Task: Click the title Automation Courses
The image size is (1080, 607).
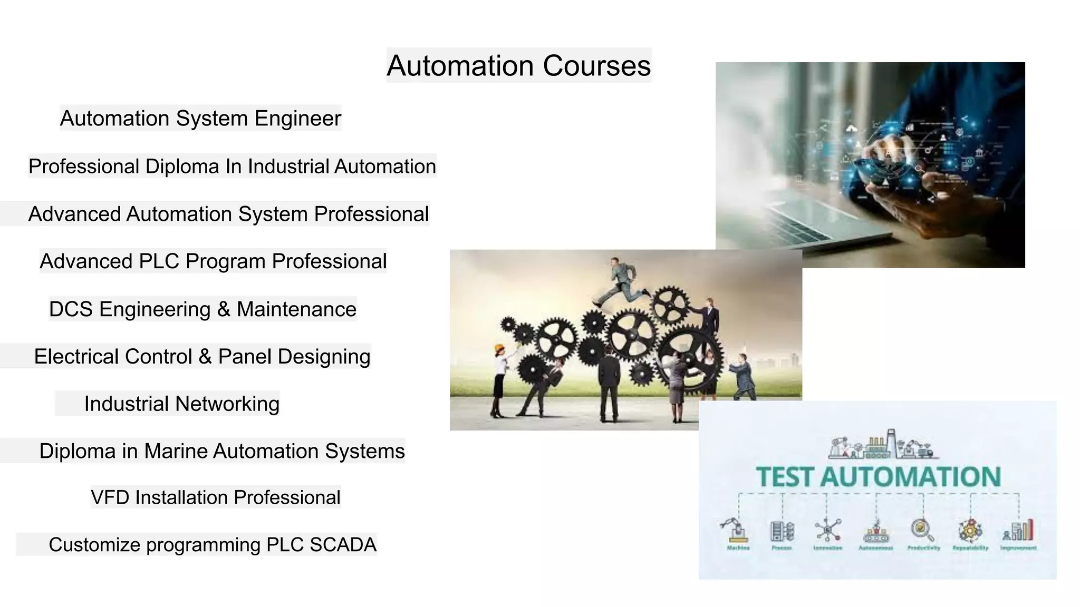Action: click(519, 66)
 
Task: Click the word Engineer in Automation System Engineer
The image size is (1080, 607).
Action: click(298, 119)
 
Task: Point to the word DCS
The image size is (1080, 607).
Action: click(71, 309)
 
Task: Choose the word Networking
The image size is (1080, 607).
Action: click(227, 404)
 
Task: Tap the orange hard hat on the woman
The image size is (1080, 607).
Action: click(499, 348)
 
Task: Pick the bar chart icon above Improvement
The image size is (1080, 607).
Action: click(1019, 531)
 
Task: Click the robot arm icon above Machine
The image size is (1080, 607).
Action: click(736, 530)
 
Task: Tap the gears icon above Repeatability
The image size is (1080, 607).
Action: click(970, 530)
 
